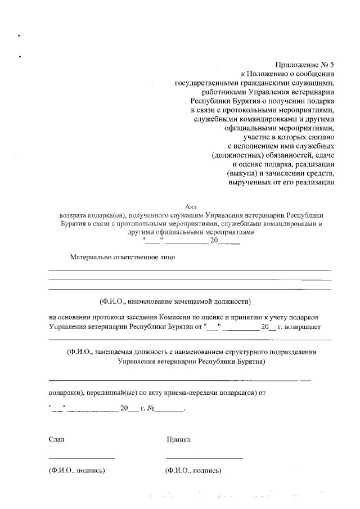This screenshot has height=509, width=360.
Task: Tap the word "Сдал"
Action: (56, 439)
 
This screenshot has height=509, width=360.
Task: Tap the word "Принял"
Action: (179, 439)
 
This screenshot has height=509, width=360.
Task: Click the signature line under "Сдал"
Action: (82, 458)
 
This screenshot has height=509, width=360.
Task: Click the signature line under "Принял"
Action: (204, 458)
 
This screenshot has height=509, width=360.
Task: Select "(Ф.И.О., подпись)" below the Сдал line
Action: (77, 470)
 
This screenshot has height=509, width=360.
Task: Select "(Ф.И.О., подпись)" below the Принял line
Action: (193, 470)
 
